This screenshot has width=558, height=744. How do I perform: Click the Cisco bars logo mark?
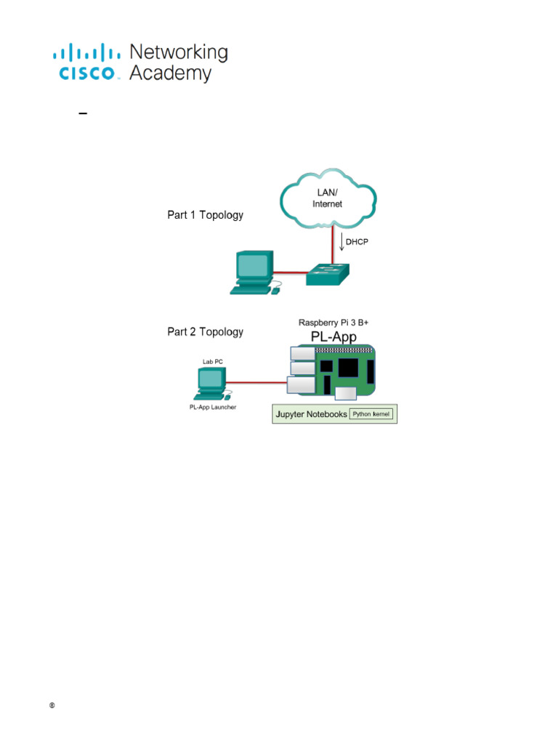tap(86, 53)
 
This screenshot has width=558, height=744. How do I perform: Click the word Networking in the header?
tap(178, 52)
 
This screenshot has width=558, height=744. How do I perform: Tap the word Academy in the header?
tap(171, 73)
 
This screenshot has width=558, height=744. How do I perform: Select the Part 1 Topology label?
tap(206, 215)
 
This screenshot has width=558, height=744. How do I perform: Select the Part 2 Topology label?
tap(206, 332)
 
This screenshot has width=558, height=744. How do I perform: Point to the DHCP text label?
tap(357, 242)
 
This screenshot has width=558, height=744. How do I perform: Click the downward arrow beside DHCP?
tap(341, 240)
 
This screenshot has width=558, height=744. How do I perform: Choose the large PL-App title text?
tap(333, 336)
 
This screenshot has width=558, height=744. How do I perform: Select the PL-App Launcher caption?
tap(212, 408)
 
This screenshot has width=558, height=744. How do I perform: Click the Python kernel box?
tap(371, 414)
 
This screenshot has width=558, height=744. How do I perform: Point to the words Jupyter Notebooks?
tap(310, 415)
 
